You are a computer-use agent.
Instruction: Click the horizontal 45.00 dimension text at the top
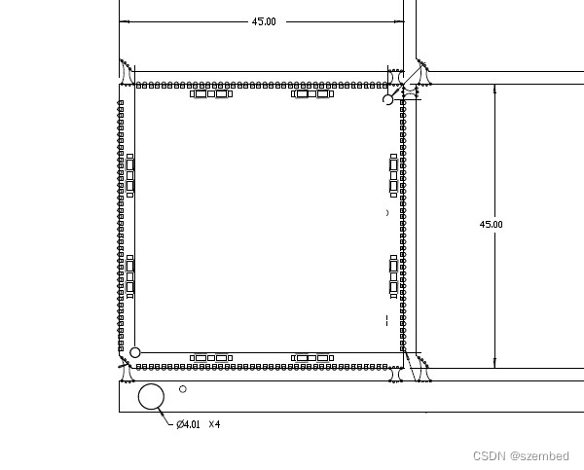pyautogui.click(x=264, y=21)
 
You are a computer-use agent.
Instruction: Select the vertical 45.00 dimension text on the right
pyautogui.click(x=491, y=224)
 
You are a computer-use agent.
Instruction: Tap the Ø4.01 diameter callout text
pyautogui.click(x=188, y=424)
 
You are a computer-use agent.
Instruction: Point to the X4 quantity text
pyautogui.click(x=214, y=424)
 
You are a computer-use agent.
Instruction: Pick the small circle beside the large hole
pyautogui.click(x=183, y=386)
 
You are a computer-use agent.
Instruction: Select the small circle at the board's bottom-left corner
pyautogui.click(x=135, y=347)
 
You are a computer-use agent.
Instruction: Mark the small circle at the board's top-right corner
pyautogui.click(x=387, y=95)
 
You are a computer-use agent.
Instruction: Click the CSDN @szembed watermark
pyautogui.click(x=521, y=455)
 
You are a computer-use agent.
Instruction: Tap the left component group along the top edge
pyautogui.click(x=211, y=93)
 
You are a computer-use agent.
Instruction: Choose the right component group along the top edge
pyautogui.click(x=312, y=93)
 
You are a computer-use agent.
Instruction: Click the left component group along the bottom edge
pyautogui.click(x=211, y=358)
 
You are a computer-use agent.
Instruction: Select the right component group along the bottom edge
pyautogui.click(x=312, y=358)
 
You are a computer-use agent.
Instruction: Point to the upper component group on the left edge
pyautogui.click(x=130, y=175)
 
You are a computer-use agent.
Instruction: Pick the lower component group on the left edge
pyautogui.click(x=130, y=276)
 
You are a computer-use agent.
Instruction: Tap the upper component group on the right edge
pyautogui.click(x=393, y=175)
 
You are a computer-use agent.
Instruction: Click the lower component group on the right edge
pyautogui.click(x=393, y=276)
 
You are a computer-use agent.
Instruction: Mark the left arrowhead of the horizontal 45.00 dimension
pyautogui.click(x=124, y=21)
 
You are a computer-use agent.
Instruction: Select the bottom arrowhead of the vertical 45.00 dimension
pyautogui.click(x=494, y=364)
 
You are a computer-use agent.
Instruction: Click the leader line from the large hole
pyautogui.click(x=165, y=416)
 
